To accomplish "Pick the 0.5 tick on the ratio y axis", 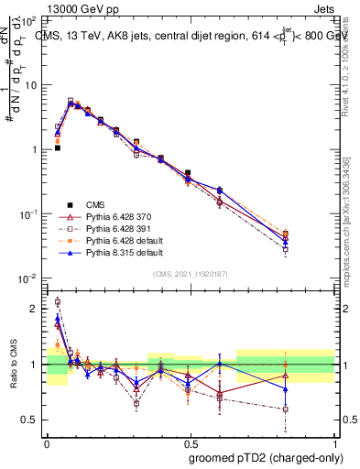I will pyautogui.click(x=31, y=420).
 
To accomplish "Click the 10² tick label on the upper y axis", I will pyautogui.click(x=29, y=20).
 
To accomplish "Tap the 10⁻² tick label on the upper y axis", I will pyautogui.click(x=29, y=278).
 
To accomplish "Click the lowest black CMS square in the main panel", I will pyautogui.click(x=57, y=147).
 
